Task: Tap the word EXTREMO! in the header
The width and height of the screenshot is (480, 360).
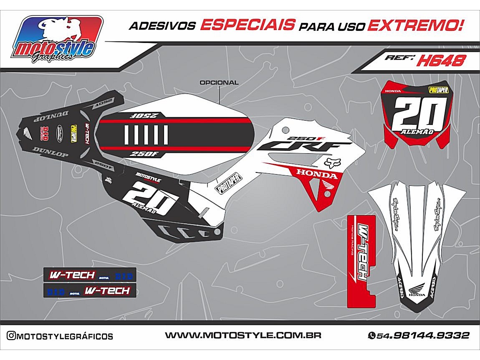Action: [416, 25]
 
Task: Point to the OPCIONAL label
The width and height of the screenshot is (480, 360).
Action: [219, 83]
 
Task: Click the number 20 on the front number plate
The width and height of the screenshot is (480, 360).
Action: [417, 112]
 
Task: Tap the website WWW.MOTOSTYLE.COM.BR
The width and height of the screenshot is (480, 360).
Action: [243, 335]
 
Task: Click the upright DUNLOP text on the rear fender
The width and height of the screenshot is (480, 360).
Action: [51, 154]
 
